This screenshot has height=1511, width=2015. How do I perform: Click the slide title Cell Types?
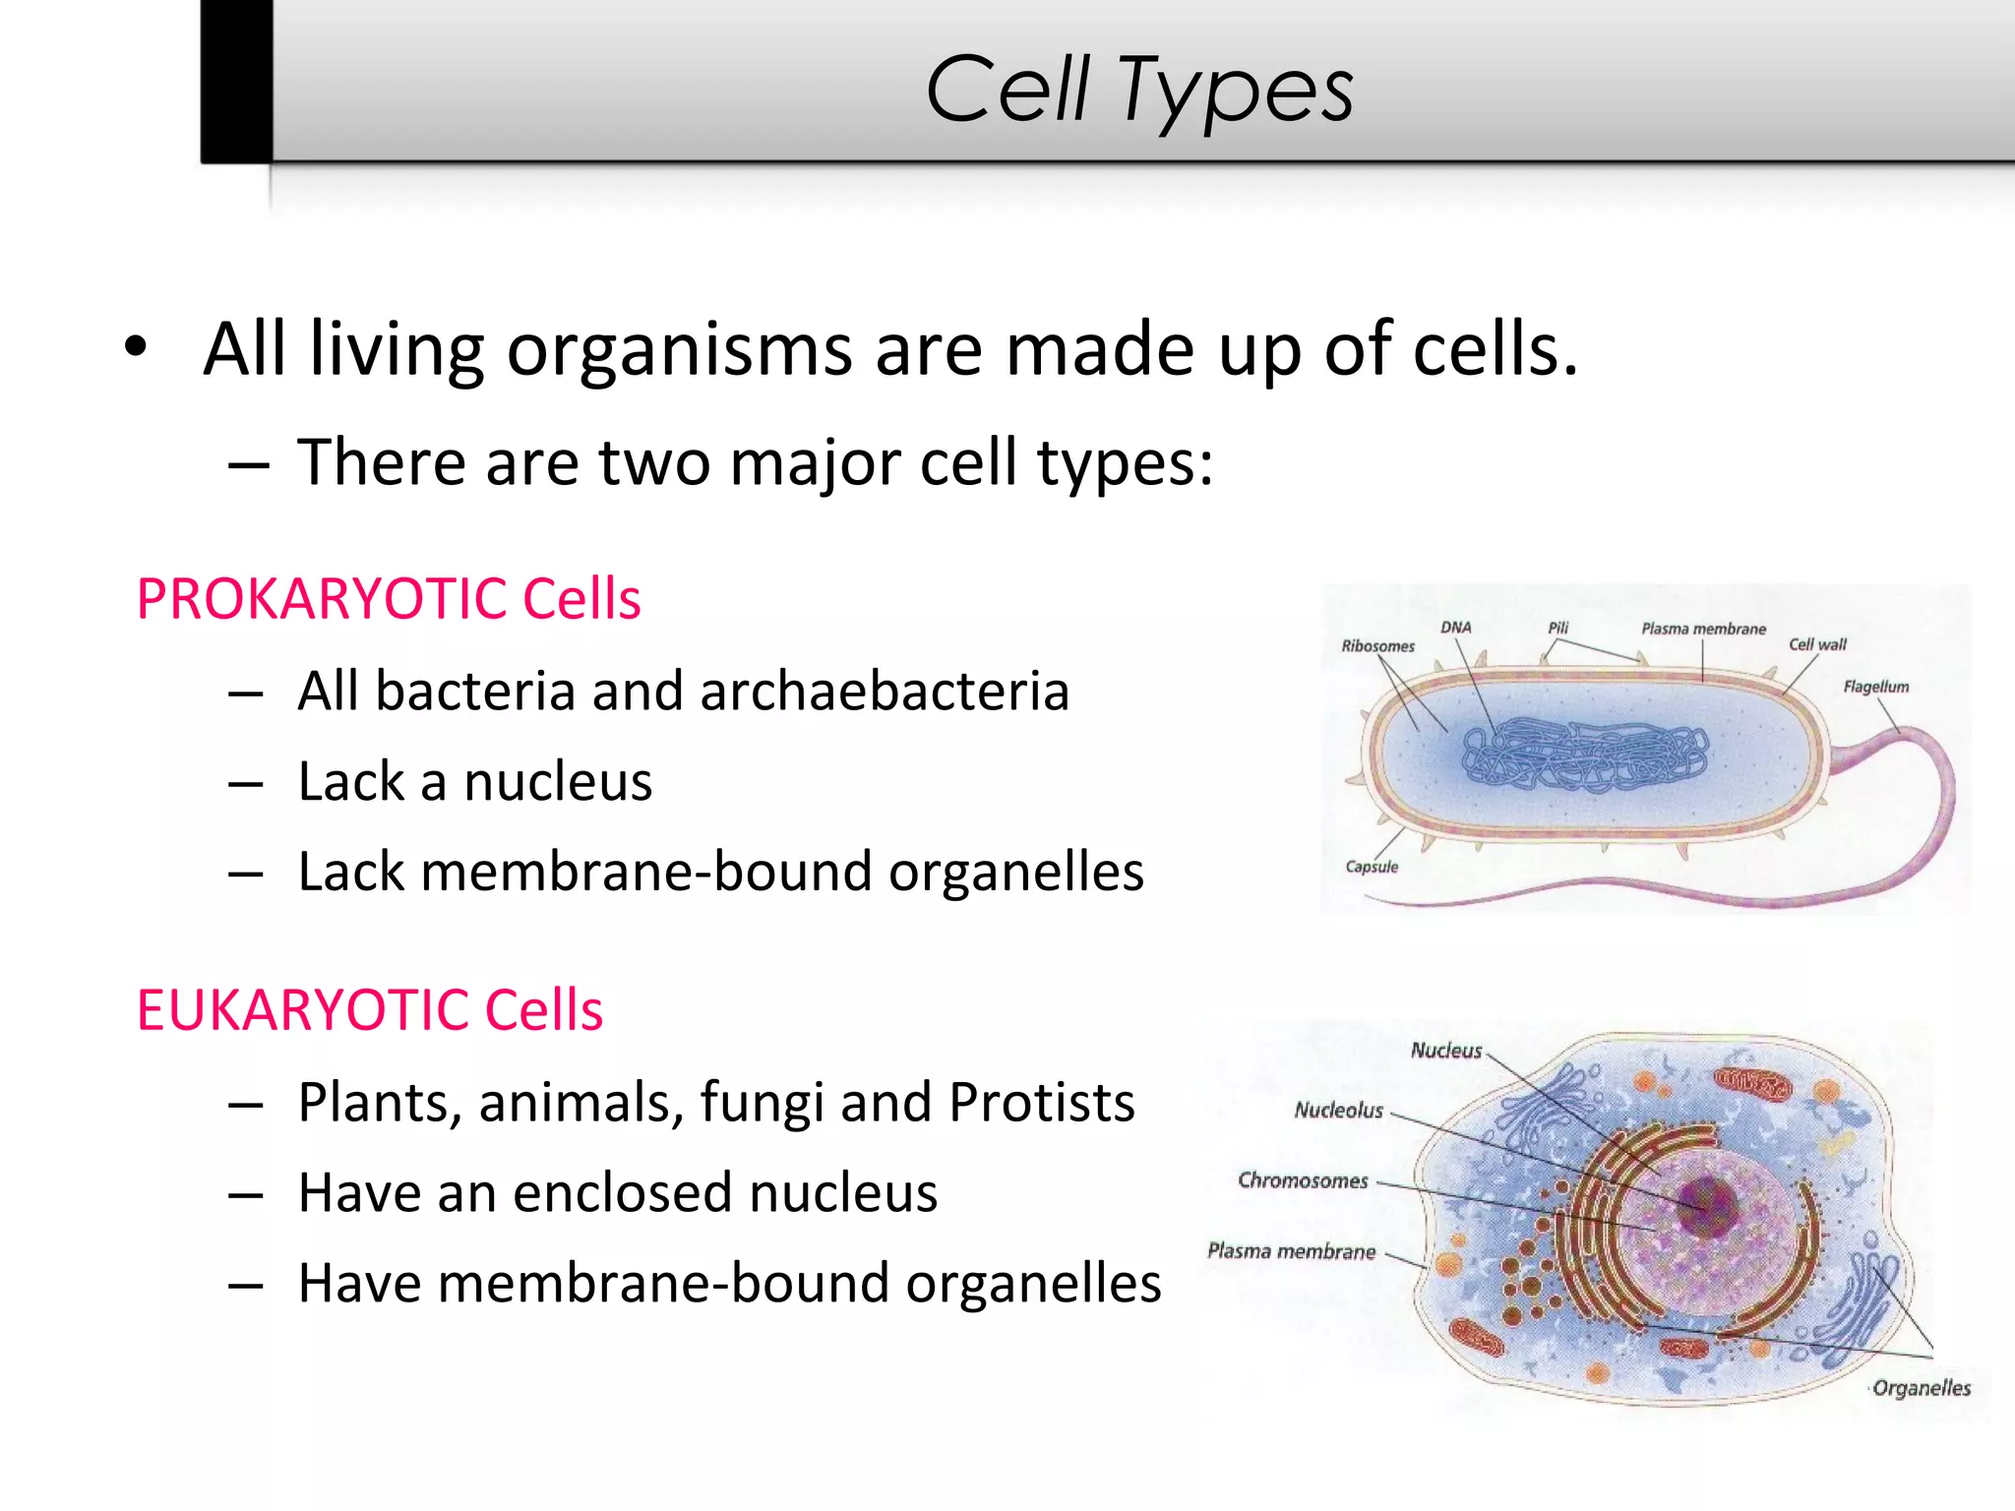point(1139,91)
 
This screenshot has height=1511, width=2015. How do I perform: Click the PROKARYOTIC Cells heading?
point(389,599)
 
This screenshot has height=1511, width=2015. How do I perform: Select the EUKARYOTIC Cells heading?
point(369,1010)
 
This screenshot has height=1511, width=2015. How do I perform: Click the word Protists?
point(1041,1102)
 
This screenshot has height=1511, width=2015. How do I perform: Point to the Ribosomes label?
point(1377,646)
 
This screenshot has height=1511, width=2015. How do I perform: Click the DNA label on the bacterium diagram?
point(1455,628)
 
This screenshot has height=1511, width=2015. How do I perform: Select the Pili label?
point(1557,628)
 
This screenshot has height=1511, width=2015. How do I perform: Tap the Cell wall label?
point(1816,644)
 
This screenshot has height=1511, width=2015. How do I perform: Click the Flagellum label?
point(1875,687)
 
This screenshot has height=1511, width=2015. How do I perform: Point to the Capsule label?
point(1372,867)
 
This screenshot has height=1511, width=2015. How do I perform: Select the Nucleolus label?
point(1338,1111)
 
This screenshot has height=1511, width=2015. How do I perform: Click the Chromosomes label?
point(1303,1180)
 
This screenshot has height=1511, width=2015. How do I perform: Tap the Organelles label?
point(1921,1388)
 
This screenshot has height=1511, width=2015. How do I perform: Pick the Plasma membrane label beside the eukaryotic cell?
point(1291,1251)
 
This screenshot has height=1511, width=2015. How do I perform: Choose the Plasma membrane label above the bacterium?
point(1703,629)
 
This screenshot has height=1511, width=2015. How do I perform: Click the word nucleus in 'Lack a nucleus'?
point(558,782)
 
